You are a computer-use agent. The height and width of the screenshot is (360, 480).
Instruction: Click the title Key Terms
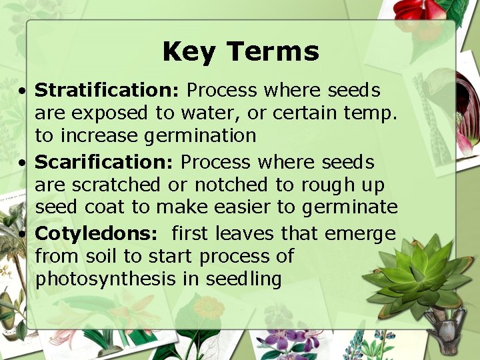(241, 52)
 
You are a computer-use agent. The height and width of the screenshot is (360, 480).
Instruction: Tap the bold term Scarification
(105, 162)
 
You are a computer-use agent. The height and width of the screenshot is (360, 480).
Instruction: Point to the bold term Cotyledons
(96, 233)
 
